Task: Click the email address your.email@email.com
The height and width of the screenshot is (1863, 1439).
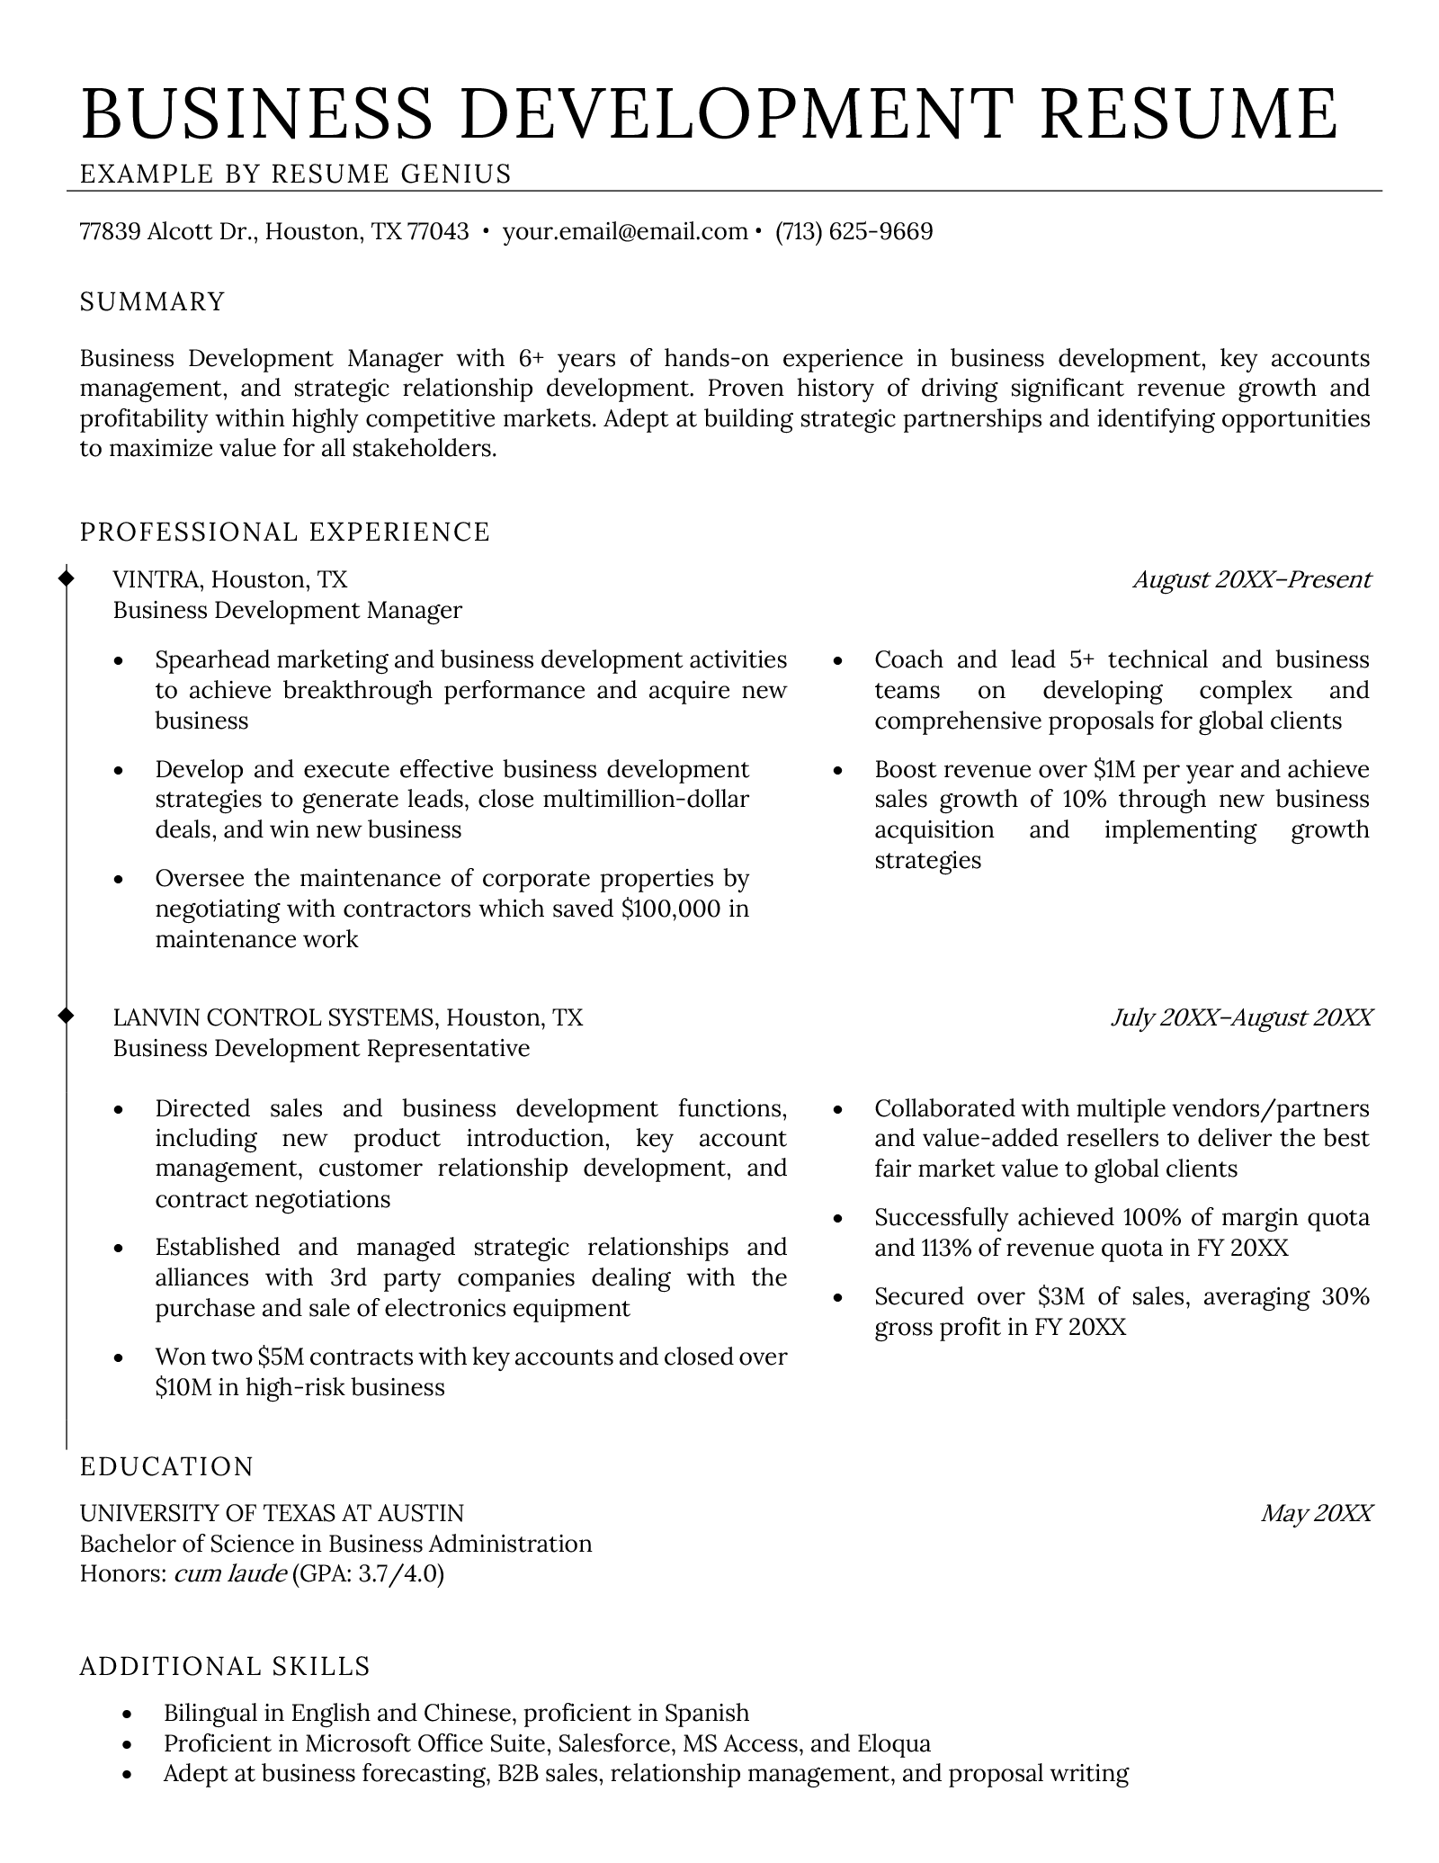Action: pyautogui.click(x=625, y=232)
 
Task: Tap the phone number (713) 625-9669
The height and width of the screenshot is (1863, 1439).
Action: pyautogui.click(x=854, y=232)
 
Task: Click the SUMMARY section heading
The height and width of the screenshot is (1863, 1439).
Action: pyautogui.click(x=152, y=301)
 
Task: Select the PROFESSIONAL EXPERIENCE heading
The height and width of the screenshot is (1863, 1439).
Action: pyautogui.click(x=285, y=532)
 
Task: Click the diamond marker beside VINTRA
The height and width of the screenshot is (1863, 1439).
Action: pyautogui.click(x=66, y=577)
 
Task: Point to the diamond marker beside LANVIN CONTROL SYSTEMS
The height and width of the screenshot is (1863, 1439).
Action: pyautogui.click(x=66, y=1016)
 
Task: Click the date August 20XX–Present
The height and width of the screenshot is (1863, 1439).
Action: pyautogui.click(x=1252, y=579)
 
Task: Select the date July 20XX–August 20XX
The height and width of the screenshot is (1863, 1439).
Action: pyautogui.click(x=1241, y=1017)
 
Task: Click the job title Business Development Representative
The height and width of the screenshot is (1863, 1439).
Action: pyautogui.click(x=321, y=1048)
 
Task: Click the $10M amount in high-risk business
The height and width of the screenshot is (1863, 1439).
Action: pyautogui.click(x=183, y=1387)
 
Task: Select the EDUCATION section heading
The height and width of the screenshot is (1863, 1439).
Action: pyautogui.click(x=167, y=1467)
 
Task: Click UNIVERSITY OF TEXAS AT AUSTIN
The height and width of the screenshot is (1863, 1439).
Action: pyautogui.click(x=272, y=1513)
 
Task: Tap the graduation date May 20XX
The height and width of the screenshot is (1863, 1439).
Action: pyautogui.click(x=1316, y=1513)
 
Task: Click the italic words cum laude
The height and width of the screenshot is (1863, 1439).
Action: pyautogui.click(x=229, y=1573)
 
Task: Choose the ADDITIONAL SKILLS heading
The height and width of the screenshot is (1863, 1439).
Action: pyautogui.click(x=225, y=1667)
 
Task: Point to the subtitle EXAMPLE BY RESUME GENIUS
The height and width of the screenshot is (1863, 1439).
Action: pyautogui.click(x=296, y=174)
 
